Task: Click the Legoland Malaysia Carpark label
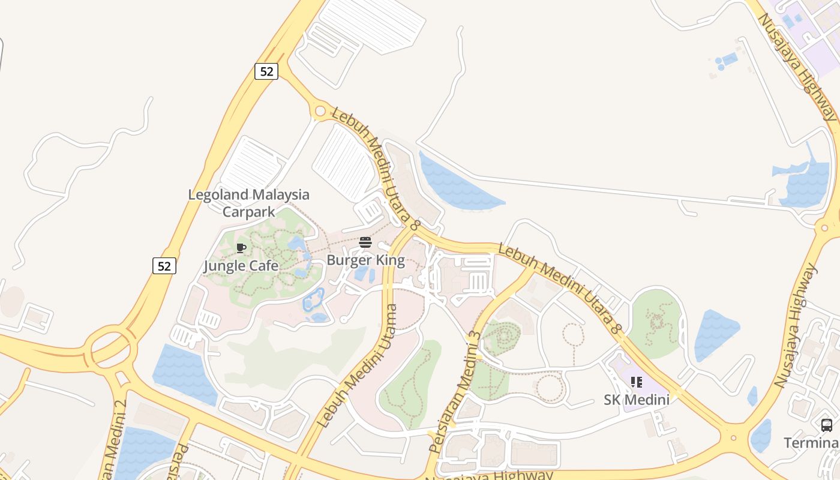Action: [x=248, y=203]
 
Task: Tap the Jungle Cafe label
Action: [x=241, y=266]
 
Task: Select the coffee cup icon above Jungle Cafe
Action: [x=241, y=248]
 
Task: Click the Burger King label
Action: [x=365, y=261]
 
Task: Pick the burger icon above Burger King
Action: [x=365, y=242]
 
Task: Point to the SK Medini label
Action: [x=636, y=400]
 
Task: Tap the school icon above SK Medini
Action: [x=636, y=382]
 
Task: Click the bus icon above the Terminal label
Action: [x=826, y=425]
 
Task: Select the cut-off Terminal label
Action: [x=811, y=443]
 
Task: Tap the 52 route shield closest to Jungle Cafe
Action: [x=164, y=265]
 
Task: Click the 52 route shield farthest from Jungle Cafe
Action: [x=266, y=71]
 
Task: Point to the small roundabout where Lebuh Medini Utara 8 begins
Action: [x=320, y=111]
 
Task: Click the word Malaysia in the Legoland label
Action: [x=281, y=195]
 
